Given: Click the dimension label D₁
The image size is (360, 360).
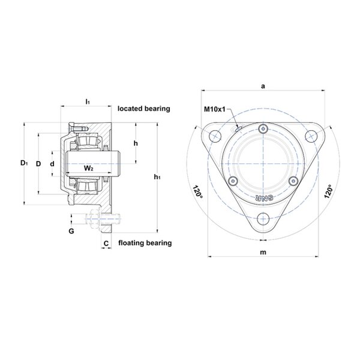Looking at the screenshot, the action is (24, 163).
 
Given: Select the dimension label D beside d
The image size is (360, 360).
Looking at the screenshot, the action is (38, 164).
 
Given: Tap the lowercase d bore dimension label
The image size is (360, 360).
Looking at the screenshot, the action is (52, 164).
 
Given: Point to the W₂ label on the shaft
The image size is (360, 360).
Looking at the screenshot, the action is (88, 168).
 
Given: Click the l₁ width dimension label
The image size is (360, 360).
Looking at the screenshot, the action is (88, 101).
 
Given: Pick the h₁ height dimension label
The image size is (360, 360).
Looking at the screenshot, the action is (157, 177).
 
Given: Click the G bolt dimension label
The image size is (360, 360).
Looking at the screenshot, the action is (71, 231).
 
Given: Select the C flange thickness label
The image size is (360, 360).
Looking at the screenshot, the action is (106, 244).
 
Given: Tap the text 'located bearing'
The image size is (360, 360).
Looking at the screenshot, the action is (144, 109).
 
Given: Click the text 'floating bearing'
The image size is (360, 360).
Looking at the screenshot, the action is (145, 243).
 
